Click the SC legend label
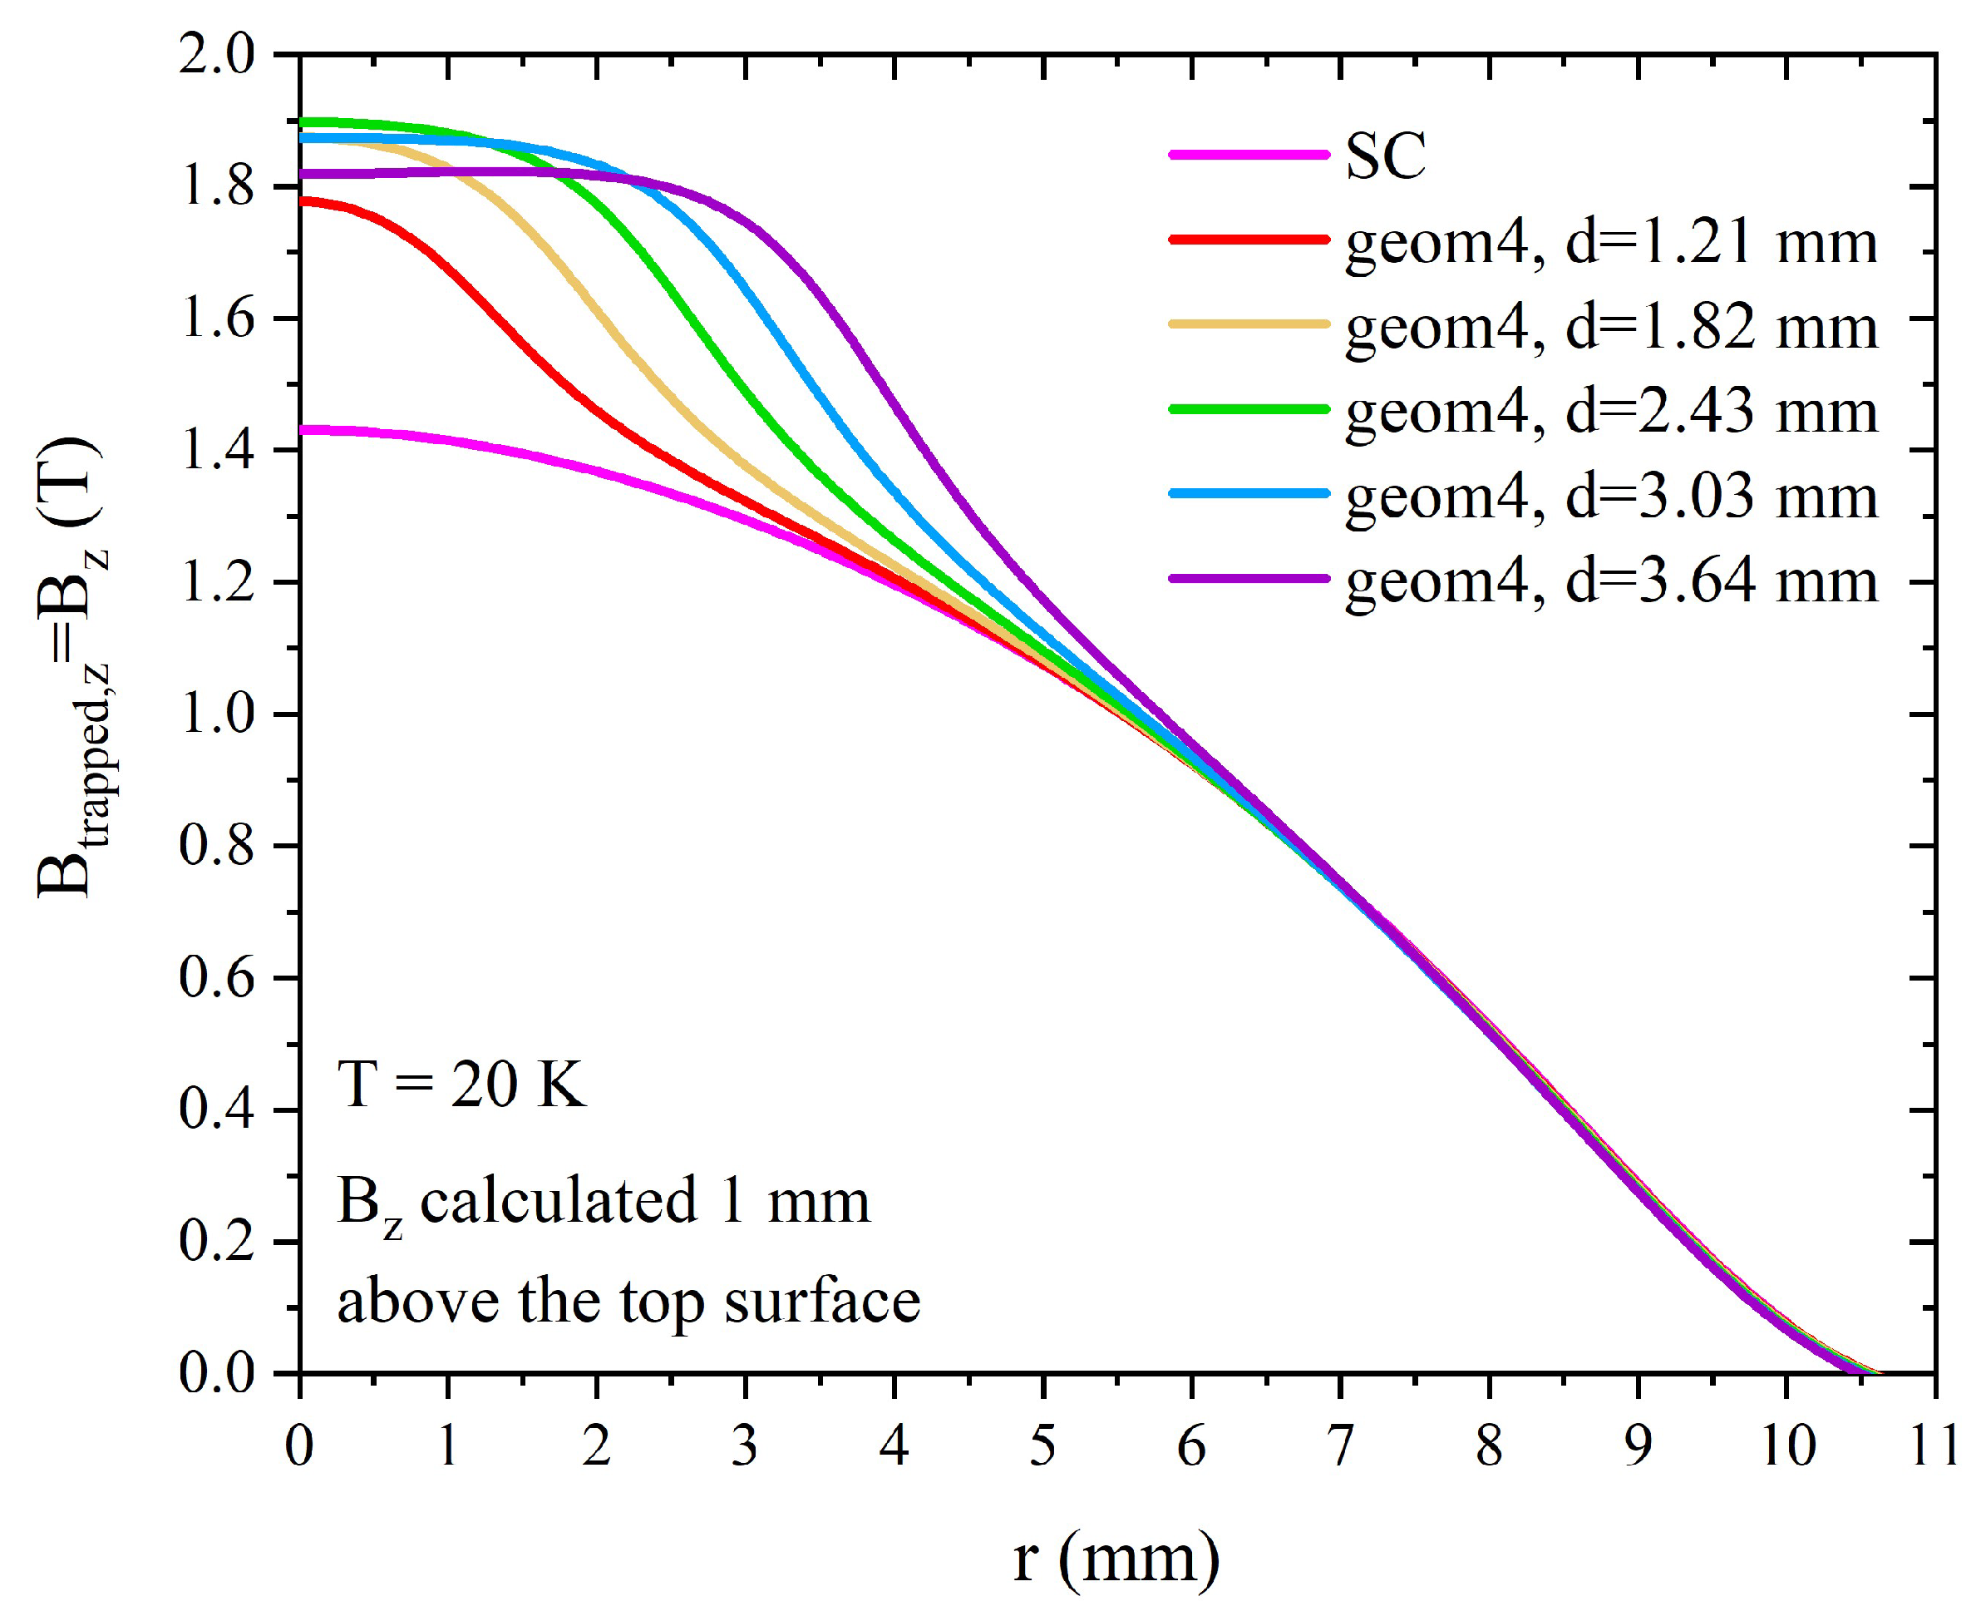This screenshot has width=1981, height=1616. click(1385, 156)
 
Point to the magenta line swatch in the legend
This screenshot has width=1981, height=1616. click(1249, 155)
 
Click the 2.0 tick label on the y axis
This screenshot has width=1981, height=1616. click(217, 56)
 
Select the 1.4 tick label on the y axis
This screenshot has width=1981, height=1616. click(217, 452)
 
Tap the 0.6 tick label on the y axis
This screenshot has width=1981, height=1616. click(217, 978)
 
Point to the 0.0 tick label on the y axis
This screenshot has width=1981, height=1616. click(217, 1373)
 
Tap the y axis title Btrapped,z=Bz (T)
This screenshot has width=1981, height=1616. click(70, 665)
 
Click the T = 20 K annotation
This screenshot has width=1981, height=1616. click(461, 1085)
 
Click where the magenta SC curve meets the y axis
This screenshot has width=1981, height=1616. click(301, 430)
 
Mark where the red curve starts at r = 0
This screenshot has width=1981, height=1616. click(301, 200)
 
